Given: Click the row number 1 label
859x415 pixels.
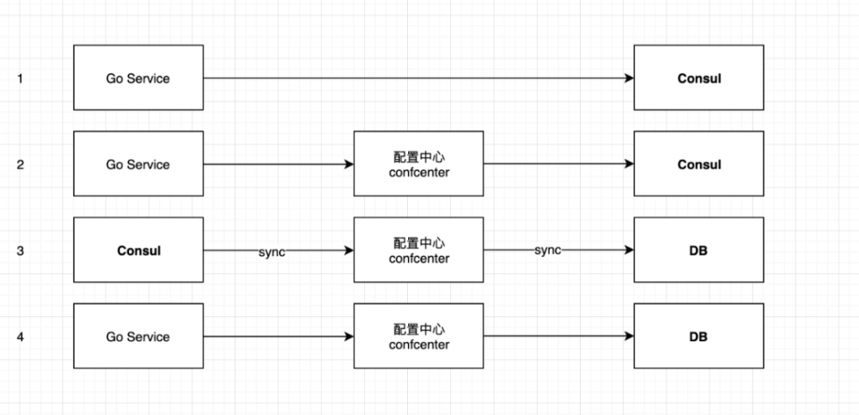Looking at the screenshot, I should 20,78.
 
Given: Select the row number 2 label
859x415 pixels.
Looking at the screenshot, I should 20,164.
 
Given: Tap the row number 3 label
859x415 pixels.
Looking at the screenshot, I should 20,251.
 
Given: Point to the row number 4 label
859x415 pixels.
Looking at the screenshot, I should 20,337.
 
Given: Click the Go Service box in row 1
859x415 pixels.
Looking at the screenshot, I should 138,78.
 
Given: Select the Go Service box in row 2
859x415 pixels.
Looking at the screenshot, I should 138,164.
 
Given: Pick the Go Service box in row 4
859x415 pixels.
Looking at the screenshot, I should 138,337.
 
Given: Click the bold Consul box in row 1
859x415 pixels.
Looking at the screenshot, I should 698,78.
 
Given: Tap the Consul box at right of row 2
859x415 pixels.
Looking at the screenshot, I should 698,164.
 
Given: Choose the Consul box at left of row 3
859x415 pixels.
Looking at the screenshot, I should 138,251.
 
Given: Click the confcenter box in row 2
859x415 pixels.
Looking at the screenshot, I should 418,164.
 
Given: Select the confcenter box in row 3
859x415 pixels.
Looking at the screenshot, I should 418,251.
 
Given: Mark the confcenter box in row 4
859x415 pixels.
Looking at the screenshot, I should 418,337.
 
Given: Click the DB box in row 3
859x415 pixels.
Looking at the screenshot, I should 698,251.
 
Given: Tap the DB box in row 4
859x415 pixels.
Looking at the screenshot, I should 698,337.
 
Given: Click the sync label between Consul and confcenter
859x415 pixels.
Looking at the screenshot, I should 271,251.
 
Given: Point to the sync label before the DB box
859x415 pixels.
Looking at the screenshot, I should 548,250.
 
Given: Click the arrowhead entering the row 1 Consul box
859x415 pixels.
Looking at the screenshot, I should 629,78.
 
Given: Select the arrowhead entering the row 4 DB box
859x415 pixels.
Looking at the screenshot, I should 629,337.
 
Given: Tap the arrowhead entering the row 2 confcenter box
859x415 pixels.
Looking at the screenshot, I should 349,164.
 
